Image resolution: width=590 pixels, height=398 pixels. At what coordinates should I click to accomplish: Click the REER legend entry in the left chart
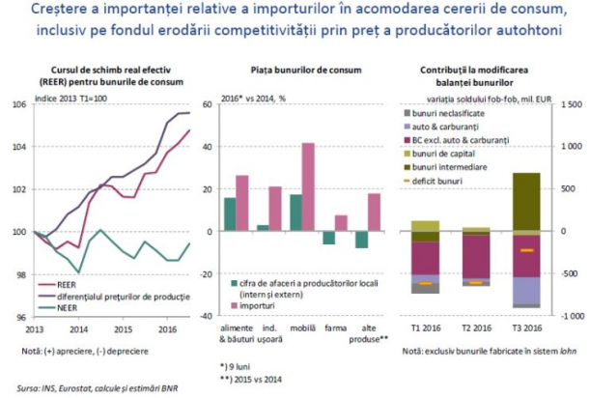coord(70,285)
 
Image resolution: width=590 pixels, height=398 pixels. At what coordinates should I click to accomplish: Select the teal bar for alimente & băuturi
coord(230,214)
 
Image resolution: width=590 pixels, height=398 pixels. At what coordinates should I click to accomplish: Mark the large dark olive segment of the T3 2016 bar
coord(525,202)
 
